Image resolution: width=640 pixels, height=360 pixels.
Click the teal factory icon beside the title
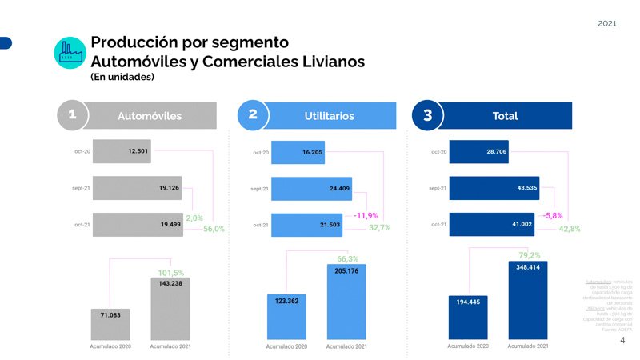(x=70, y=51)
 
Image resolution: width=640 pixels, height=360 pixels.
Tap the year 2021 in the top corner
(x=607, y=23)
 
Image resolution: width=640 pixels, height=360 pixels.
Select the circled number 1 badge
(x=72, y=115)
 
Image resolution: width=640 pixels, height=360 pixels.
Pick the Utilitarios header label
(x=329, y=116)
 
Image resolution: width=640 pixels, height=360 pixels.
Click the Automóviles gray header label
(x=150, y=116)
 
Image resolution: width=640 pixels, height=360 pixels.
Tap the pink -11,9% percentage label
(x=366, y=215)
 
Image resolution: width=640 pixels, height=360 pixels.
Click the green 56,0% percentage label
(x=214, y=229)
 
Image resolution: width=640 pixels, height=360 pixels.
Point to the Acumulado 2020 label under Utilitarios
(x=286, y=346)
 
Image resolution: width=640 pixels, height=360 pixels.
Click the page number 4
(x=622, y=340)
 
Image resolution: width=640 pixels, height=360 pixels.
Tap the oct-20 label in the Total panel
(x=438, y=151)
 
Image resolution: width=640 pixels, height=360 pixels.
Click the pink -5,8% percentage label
(x=553, y=216)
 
